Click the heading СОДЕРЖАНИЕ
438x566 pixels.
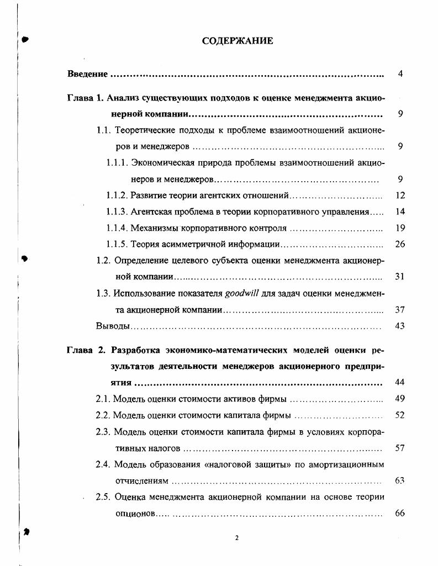(237, 41)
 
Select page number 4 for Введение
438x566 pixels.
(400, 74)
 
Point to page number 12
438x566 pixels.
(400, 195)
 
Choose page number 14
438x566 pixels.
(400, 211)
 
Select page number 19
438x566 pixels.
(400, 228)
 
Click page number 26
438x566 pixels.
(400, 244)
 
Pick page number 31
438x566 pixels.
(400, 277)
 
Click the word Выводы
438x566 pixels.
(113, 326)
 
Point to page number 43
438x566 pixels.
(400, 326)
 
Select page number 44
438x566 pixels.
(400, 383)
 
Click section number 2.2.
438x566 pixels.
(103, 415)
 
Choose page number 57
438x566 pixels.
(400, 448)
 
